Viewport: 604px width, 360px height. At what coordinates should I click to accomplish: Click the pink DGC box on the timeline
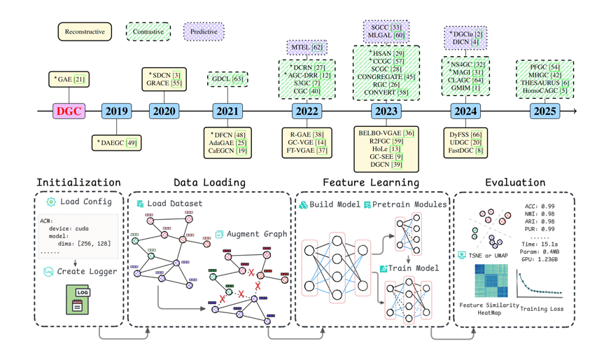69,111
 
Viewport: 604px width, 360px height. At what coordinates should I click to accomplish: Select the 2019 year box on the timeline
116,111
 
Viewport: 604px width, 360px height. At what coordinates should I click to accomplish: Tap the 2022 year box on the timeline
307,111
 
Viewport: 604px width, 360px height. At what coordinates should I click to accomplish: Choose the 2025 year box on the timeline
544,111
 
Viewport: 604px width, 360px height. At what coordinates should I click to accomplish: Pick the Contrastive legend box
148,32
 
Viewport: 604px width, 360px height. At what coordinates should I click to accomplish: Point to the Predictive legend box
204,32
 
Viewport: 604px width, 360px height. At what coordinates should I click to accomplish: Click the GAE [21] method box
69,80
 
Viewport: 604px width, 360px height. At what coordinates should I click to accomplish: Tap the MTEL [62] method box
307,48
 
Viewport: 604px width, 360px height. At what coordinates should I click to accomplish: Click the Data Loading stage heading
209,183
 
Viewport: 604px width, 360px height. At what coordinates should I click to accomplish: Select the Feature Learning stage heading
370,183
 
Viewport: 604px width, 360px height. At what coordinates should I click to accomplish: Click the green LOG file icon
77,299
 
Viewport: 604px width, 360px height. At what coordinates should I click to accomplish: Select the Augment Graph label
255,234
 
